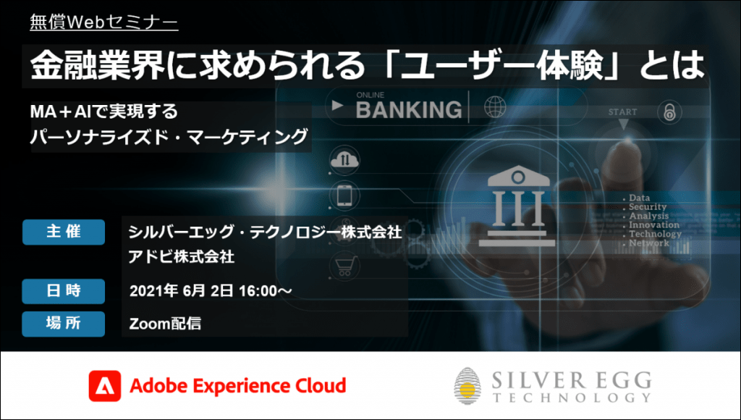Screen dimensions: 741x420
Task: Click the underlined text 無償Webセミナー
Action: [104, 22]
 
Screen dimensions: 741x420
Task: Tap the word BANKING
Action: [409, 110]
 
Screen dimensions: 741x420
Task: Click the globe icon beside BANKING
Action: [495, 107]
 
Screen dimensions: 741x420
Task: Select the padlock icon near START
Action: [669, 112]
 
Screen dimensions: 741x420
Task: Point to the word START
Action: [623, 112]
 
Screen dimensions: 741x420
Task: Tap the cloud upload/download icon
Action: [344, 160]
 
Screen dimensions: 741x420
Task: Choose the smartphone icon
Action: [344, 196]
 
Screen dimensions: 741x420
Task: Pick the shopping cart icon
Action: [346, 266]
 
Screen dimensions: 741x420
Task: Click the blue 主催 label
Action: [64, 232]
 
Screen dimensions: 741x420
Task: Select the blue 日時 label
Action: [64, 291]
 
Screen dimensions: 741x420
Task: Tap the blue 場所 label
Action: [64, 324]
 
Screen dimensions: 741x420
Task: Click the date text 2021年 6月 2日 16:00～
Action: [211, 291]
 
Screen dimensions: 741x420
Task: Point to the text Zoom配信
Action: [166, 324]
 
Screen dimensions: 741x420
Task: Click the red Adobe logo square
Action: [104, 386]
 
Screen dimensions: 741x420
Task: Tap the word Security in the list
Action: [648, 206]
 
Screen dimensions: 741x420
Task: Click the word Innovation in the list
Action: [654, 224]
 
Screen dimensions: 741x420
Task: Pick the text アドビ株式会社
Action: [182, 257]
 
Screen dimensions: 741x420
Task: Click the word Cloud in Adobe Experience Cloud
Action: [321, 386]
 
